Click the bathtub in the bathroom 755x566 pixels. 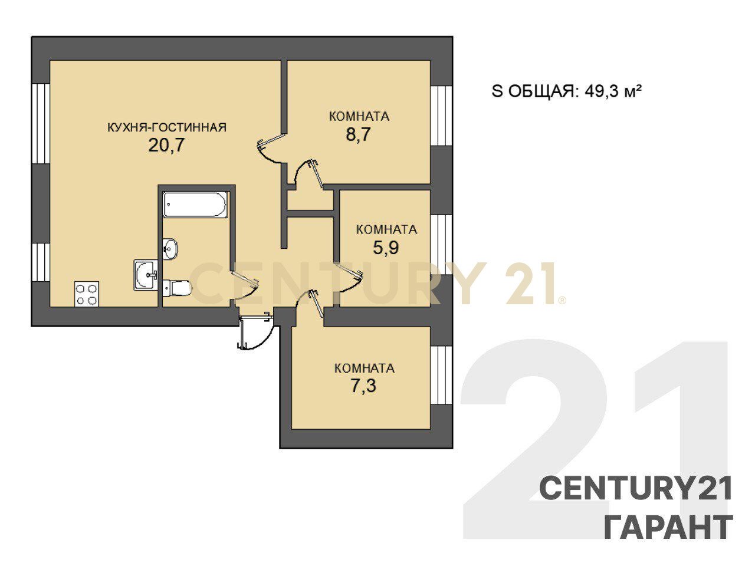(x=195, y=204)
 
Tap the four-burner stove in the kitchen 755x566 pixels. (x=87, y=294)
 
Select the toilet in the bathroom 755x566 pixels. (x=177, y=288)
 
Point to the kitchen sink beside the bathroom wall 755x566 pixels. (x=146, y=275)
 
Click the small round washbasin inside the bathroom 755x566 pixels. (x=170, y=248)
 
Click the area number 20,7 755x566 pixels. (x=167, y=145)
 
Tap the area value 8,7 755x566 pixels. (x=359, y=134)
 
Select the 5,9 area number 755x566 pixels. (x=386, y=247)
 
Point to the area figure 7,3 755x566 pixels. (x=363, y=386)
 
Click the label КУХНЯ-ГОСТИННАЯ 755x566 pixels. (x=167, y=127)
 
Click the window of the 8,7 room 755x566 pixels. (x=441, y=116)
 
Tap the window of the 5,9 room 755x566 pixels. (x=441, y=245)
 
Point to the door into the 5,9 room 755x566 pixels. (x=349, y=277)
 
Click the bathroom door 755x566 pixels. (x=245, y=286)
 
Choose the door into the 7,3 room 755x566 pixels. (x=309, y=304)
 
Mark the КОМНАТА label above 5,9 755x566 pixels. (x=386, y=229)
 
